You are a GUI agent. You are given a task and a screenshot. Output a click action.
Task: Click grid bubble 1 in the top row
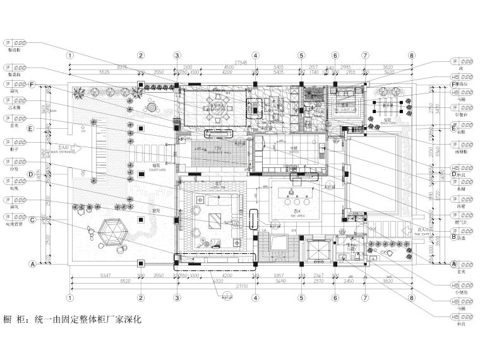click(x=70, y=55)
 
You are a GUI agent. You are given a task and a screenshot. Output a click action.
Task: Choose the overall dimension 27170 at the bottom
click(x=241, y=285)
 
